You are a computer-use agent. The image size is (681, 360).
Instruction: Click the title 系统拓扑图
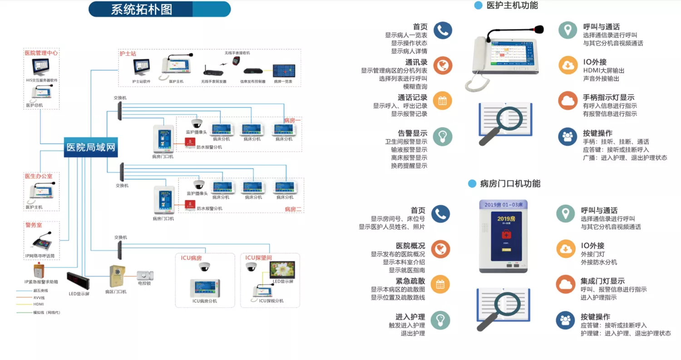141,10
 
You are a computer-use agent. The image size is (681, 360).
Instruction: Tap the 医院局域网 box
91,147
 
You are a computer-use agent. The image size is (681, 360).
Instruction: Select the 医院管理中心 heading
41,53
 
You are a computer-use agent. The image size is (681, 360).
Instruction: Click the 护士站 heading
128,54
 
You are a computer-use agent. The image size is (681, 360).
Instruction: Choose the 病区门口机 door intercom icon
117,276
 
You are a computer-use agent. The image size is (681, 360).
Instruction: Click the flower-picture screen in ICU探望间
282,270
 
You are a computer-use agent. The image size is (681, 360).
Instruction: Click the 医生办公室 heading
39,176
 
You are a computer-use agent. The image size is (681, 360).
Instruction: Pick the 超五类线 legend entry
40,291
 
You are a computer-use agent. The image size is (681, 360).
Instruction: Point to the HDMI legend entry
39,304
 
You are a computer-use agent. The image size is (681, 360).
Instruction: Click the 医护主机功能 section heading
512,5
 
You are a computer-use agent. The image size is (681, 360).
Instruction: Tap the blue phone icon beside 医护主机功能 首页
442,30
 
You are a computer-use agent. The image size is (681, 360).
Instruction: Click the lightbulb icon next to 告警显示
442,136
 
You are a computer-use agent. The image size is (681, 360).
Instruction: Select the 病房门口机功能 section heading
510,184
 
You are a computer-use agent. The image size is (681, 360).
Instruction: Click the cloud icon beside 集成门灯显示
565,284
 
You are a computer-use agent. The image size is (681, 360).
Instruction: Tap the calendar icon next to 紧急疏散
440,284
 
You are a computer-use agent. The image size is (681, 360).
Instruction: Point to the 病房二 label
293,209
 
